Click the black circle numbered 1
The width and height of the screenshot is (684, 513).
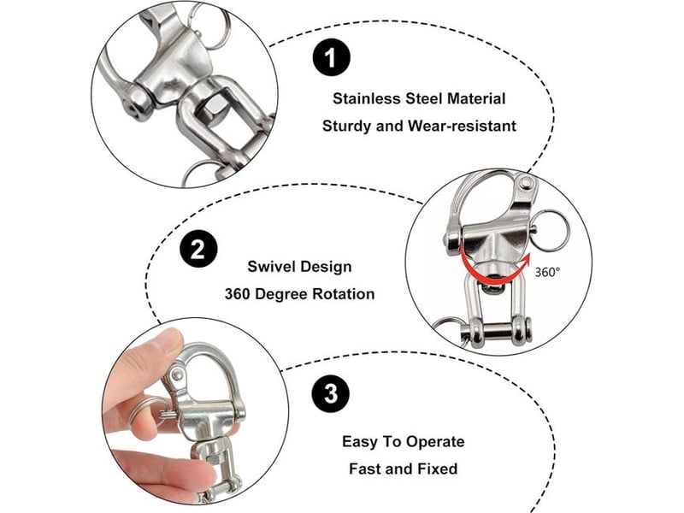(x=332, y=57)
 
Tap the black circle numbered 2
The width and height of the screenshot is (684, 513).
(x=198, y=250)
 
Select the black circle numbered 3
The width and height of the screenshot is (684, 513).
(x=331, y=393)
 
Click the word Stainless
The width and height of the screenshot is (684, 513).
(x=366, y=98)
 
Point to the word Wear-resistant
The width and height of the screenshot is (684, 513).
(x=462, y=126)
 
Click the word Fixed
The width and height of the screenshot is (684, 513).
(x=438, y=469)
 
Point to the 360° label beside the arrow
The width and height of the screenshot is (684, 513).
(x=547, y=272)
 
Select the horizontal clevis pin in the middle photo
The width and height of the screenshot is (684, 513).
(x=498, y=329)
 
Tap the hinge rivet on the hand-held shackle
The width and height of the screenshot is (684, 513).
(x=177, y=374)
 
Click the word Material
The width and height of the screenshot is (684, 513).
(x=476, y=98)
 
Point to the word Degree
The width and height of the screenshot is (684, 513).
(x=281, y=294)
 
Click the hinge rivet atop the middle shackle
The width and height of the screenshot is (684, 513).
(x=527, y=183)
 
